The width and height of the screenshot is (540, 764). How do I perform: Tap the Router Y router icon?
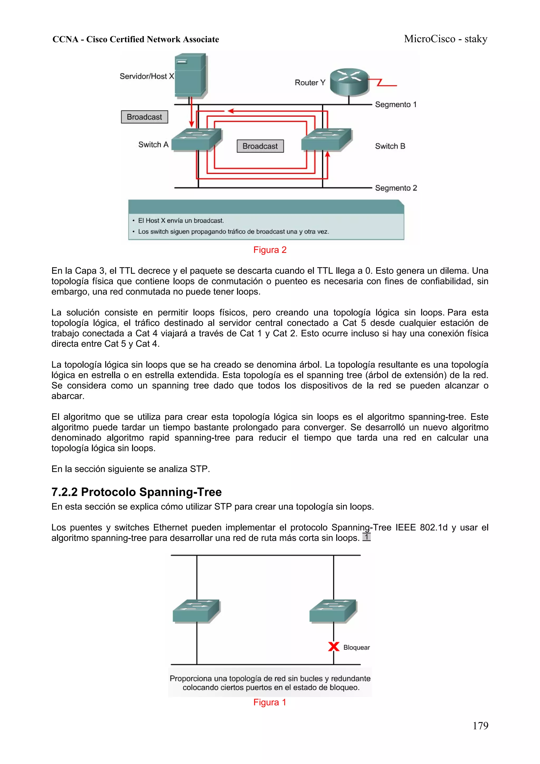click(x=349, y=82)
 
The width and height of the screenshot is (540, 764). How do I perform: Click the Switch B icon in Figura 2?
click(x=326, y=139)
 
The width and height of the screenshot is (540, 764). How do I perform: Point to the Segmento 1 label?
click(x=396, y=104)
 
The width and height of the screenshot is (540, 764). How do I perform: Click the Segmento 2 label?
click(x=396, y=188)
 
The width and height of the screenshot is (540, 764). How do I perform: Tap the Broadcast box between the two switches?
click(x=260, y=146)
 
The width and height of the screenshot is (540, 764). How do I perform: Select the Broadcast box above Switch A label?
click(x=144, y=117)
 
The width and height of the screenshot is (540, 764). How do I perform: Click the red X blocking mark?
click(x=333, y=647)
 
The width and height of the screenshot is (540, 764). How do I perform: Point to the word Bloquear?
click(x=356, y=647)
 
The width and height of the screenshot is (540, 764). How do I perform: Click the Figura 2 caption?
click(x=270, y=250)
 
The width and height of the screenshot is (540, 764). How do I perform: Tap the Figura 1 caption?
click(x=270, y=702)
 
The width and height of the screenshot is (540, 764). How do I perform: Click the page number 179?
click(x=480, y=726)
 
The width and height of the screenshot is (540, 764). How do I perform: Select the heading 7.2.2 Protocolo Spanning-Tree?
click(x=136, y=492)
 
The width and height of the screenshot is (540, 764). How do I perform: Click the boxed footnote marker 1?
click(x=366, y=537)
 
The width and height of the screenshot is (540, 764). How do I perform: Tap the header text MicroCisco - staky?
click(x=446, y=39)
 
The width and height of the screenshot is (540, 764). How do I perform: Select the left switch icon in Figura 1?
click(x=196, y=611)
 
